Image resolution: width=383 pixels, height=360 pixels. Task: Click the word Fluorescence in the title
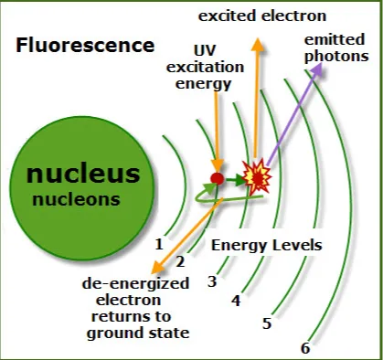pyautogui.click(x=85, y=45)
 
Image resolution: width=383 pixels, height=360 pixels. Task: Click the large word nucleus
pyautogui.click(x=83, y=174)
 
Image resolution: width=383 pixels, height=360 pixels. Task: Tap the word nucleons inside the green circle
pyautogui.click(x=76, y=199)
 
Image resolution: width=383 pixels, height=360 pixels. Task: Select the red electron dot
pyautogui.click(x=217, y=178)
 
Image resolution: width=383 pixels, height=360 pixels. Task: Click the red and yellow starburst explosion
pyautogui.click(x=257, y=176)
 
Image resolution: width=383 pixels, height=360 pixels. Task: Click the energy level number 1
pyautogui.click(x=159, y=244)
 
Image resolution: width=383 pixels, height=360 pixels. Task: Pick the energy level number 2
pyautogui.click(x=180, y=261)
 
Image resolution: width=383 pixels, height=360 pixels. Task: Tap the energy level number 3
pyautogui.click(x=212, y=281)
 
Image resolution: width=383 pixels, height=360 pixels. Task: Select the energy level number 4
pyautogui.click(x=236, y=301)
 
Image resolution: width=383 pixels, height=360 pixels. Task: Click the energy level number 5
pyautogui.click(x=267, y=323)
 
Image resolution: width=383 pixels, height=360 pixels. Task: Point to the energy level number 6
pyautogui.click(x=305, y=348)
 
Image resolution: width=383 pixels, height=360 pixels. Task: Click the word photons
pyautogui.click(x=336, y=57)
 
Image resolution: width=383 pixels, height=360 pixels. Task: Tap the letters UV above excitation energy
pyautogui.click(x=205, y=50)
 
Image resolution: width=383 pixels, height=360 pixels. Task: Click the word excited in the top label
pyautogui.click(x=227, y=16)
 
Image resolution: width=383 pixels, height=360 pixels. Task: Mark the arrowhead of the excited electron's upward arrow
pyautogui.click(x=258, y=44)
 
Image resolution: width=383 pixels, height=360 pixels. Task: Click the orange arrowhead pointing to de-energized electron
pyautogui.click(x=159, y=267)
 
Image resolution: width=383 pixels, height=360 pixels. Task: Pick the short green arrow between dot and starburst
pyautogui.click(x=236, y=180)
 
